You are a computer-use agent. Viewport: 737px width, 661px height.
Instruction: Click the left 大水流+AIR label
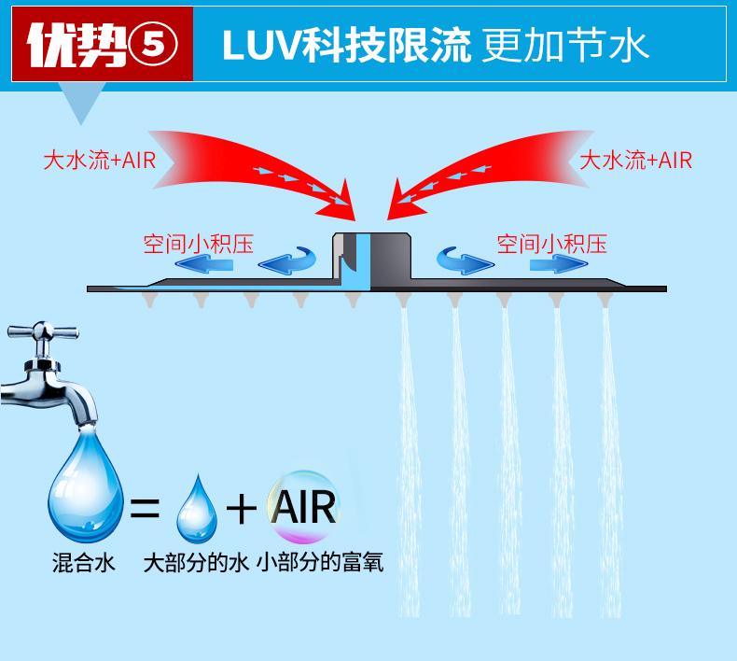99,160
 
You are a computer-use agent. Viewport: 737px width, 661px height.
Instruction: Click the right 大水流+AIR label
636,160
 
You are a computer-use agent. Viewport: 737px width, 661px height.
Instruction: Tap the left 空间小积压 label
198,245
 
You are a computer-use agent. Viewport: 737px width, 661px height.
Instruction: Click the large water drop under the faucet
85,485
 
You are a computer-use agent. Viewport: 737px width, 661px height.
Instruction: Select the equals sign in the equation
145,509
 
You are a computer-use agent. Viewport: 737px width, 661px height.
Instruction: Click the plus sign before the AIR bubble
242,509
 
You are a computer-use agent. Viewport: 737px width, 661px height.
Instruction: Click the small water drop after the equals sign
196,510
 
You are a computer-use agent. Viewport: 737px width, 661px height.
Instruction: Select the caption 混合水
83,563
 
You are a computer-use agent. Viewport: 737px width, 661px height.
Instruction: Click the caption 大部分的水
196,563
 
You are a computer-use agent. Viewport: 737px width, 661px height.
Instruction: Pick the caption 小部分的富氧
323,563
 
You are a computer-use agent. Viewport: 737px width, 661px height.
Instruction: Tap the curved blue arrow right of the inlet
463,260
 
